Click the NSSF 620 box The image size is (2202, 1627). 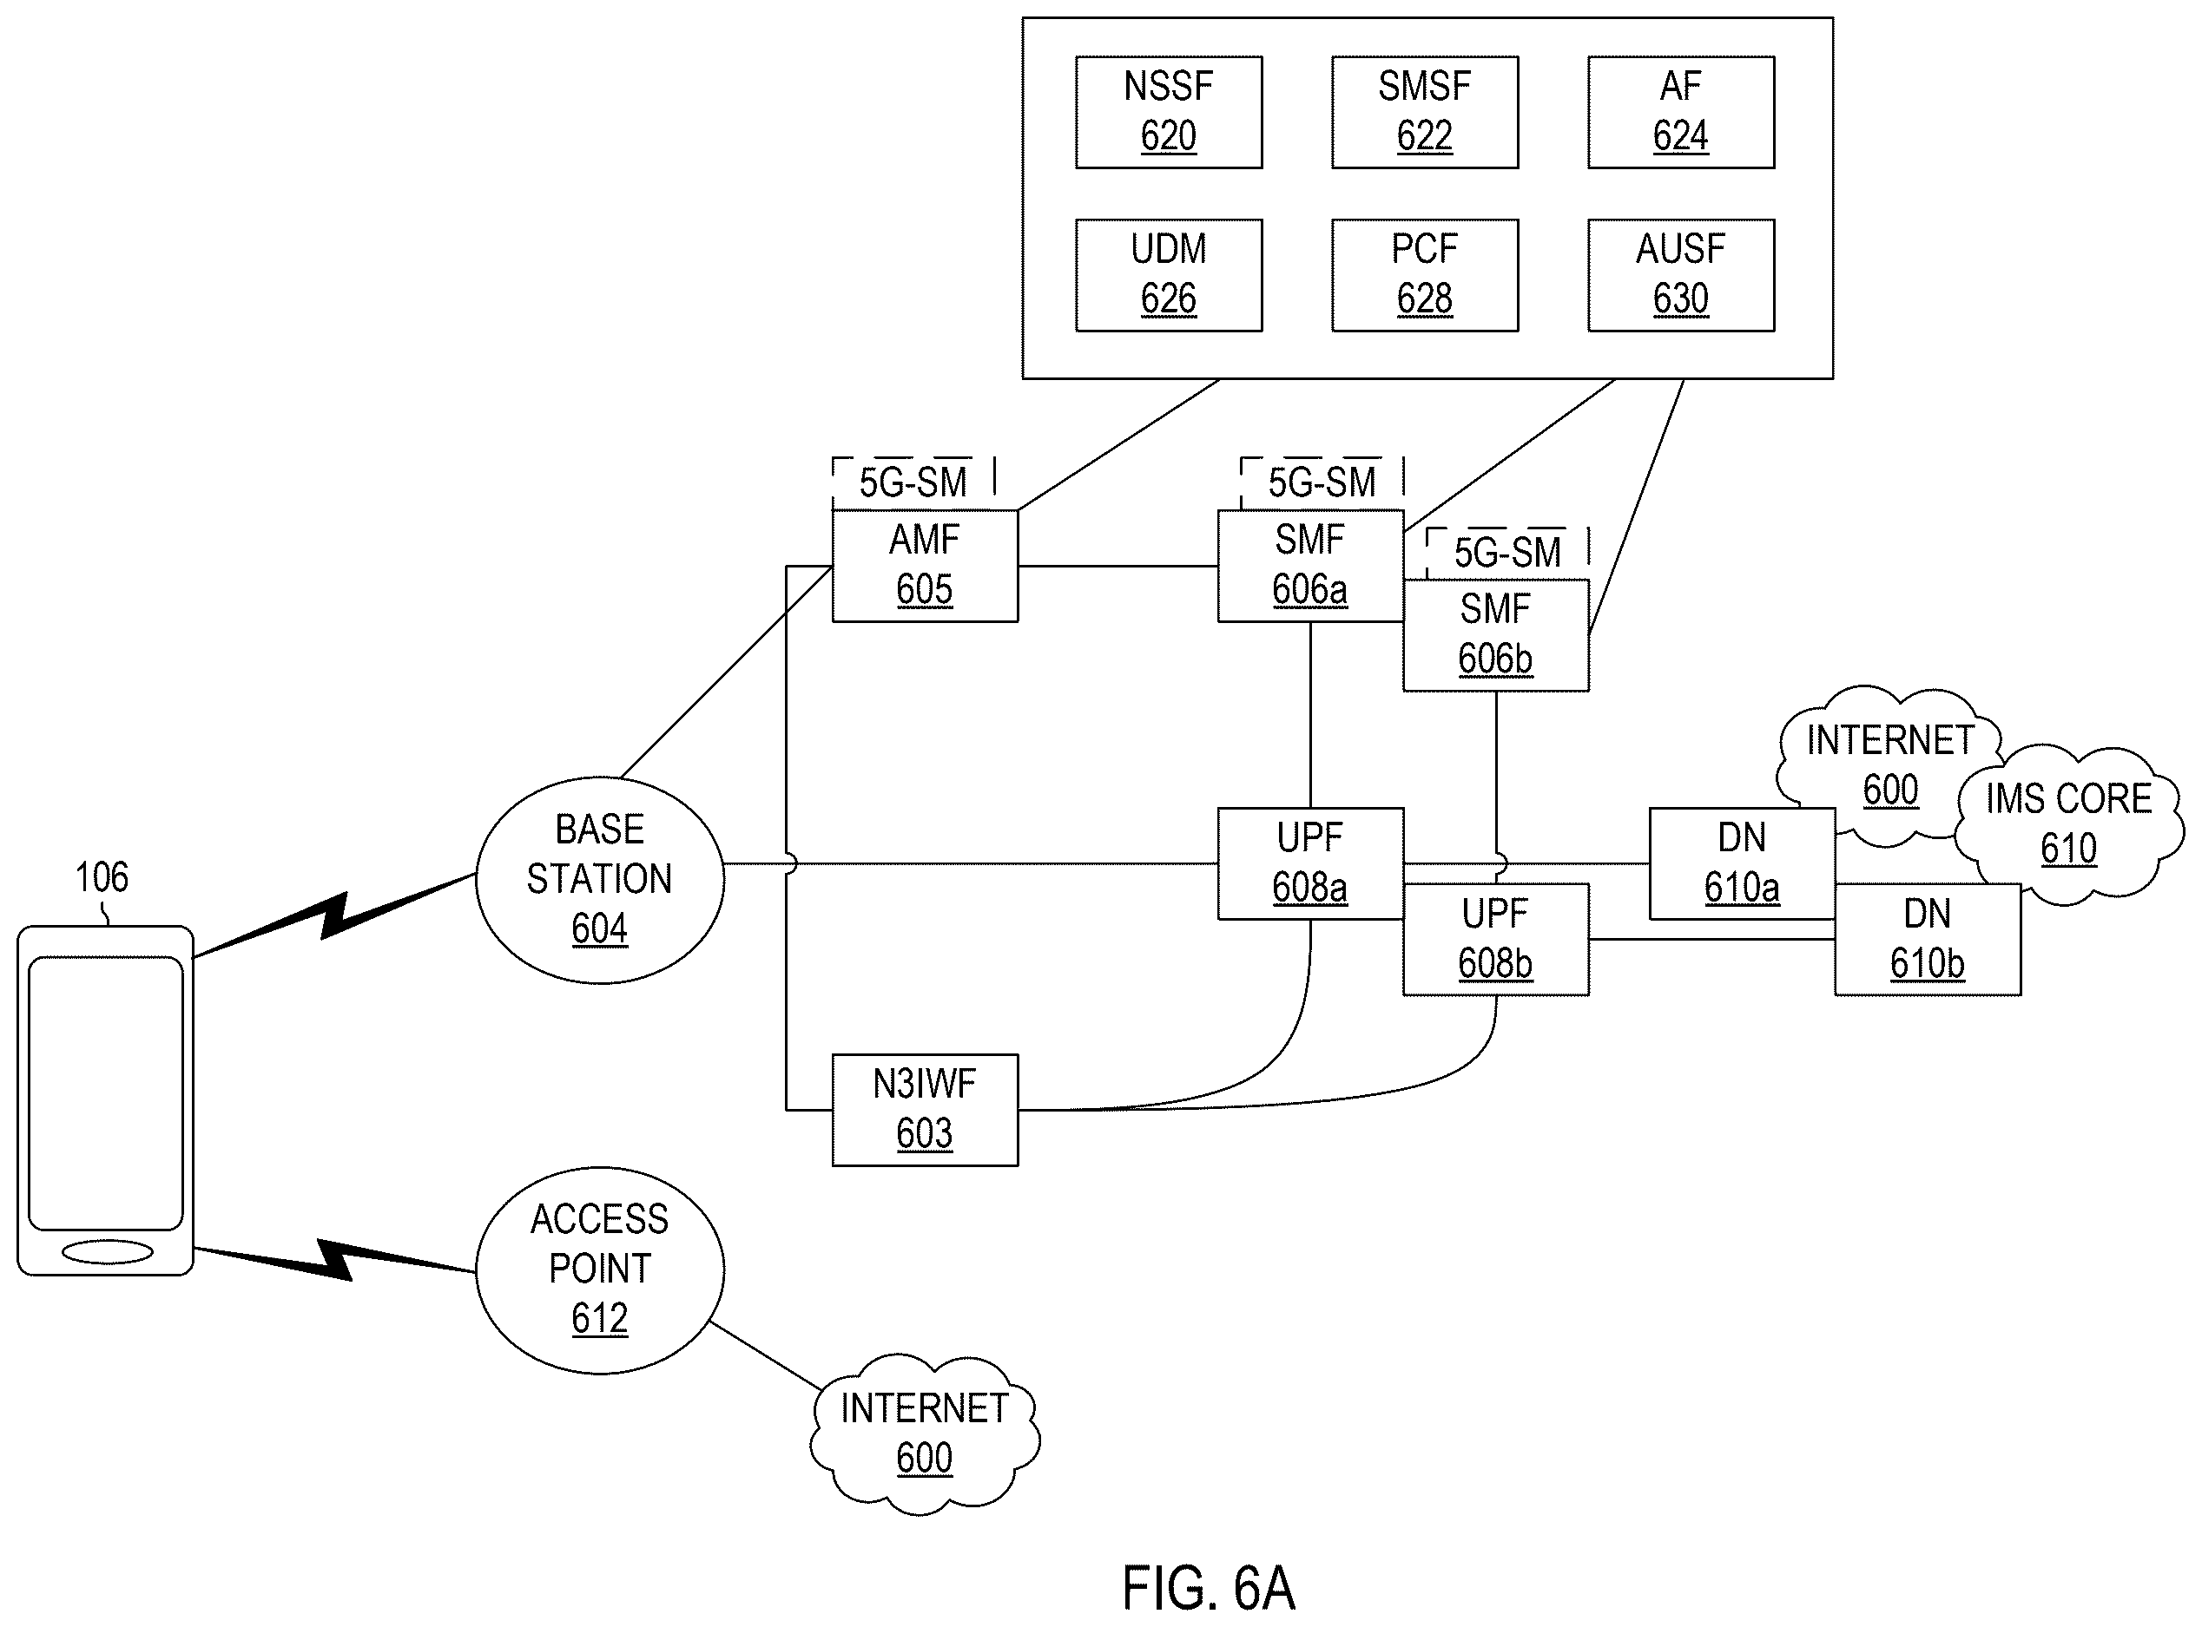tap(1169, 112)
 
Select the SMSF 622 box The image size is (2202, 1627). tap(1425, 112)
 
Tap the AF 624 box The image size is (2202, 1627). tap(1681, 112)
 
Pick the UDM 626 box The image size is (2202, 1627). tap(1169, 276)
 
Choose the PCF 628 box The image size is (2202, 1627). tap(1425, 276)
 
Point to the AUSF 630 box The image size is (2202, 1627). tap(1681, 276)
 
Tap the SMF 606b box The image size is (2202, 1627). tap(1495, 635)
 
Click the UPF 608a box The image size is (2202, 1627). tap(1310, 863)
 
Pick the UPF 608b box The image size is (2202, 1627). tap(1495, 940)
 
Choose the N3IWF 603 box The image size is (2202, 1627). tap(925, 1110)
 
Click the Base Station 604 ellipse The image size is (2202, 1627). tap(600, 880)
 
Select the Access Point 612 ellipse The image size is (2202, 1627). tap(600, 1269)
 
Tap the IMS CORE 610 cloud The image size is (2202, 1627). tap(2069, 824)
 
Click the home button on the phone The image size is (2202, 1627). tap(108, 1253)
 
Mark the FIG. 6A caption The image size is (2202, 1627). tap(1208, 1589)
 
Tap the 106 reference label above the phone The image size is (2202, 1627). tap(102, 876)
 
